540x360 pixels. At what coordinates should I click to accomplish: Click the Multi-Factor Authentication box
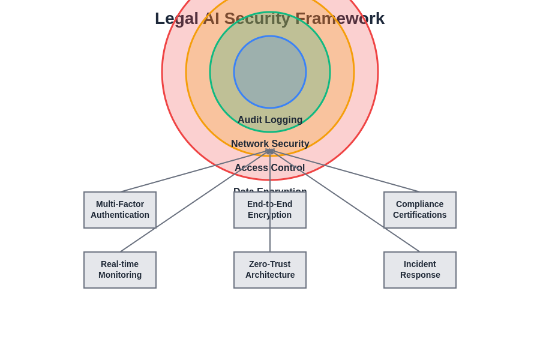pos(120,210)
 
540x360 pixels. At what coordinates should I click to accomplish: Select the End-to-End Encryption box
pos(270,210)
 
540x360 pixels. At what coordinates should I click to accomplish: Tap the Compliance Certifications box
pos(420,210)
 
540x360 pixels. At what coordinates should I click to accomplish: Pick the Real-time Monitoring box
pos(120,270)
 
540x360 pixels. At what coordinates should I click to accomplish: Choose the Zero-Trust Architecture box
pos(270,270)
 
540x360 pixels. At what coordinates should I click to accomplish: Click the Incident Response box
pos(420,270)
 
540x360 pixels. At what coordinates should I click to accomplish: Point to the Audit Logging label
pos(270,120)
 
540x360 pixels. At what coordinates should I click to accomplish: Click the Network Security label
pos(270,144)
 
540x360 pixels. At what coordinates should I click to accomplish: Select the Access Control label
pos(270,168)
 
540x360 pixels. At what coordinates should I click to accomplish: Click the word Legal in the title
pos(176,19)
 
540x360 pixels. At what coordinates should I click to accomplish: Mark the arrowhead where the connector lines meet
pos(270,151)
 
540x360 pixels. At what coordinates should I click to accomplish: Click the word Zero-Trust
pos(269,264)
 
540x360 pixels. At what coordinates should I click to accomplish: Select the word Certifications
pos(420,215)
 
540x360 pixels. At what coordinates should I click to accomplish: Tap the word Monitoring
pos(120,275)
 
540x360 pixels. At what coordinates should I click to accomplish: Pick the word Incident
pos(420,264)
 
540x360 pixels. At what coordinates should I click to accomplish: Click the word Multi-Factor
pos(120,204)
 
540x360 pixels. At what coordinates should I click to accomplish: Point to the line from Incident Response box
pos(360,211)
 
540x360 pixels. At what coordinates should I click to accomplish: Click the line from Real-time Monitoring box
pos(180,211)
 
